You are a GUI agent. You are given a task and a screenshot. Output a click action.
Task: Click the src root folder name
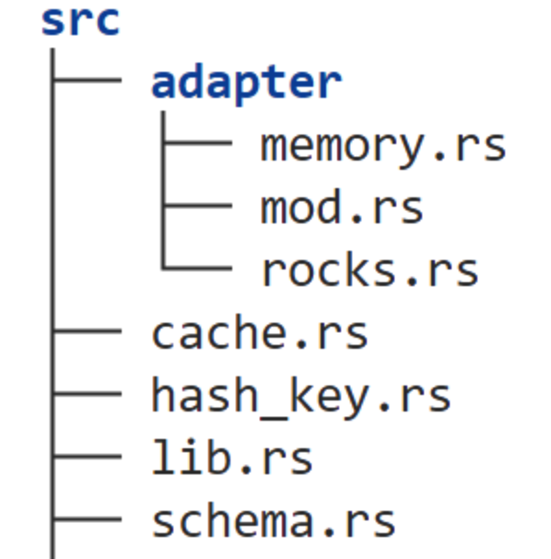click(80, 21)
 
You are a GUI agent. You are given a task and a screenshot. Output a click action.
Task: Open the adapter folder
click(247, 84)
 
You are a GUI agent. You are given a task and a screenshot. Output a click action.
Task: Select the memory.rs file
click(383, 148)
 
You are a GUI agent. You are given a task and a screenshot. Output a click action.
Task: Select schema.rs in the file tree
click(274, 519)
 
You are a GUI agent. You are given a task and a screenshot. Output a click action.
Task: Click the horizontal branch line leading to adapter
click(88, 80)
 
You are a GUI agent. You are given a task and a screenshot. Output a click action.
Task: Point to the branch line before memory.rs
click(198, 143)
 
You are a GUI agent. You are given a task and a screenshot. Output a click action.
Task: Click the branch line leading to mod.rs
click(198, 206)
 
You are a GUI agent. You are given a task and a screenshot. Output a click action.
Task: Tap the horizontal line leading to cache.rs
click(88, 331)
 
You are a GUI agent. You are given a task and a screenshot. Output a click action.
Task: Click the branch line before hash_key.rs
click(88, 394)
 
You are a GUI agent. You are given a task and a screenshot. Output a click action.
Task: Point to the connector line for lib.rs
click(88, 457)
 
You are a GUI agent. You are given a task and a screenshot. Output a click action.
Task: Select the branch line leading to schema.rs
click(88, 519)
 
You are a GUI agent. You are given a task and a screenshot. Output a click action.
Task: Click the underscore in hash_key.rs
click(274, 419)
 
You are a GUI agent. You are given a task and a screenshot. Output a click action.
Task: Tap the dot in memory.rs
click(440, 157)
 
